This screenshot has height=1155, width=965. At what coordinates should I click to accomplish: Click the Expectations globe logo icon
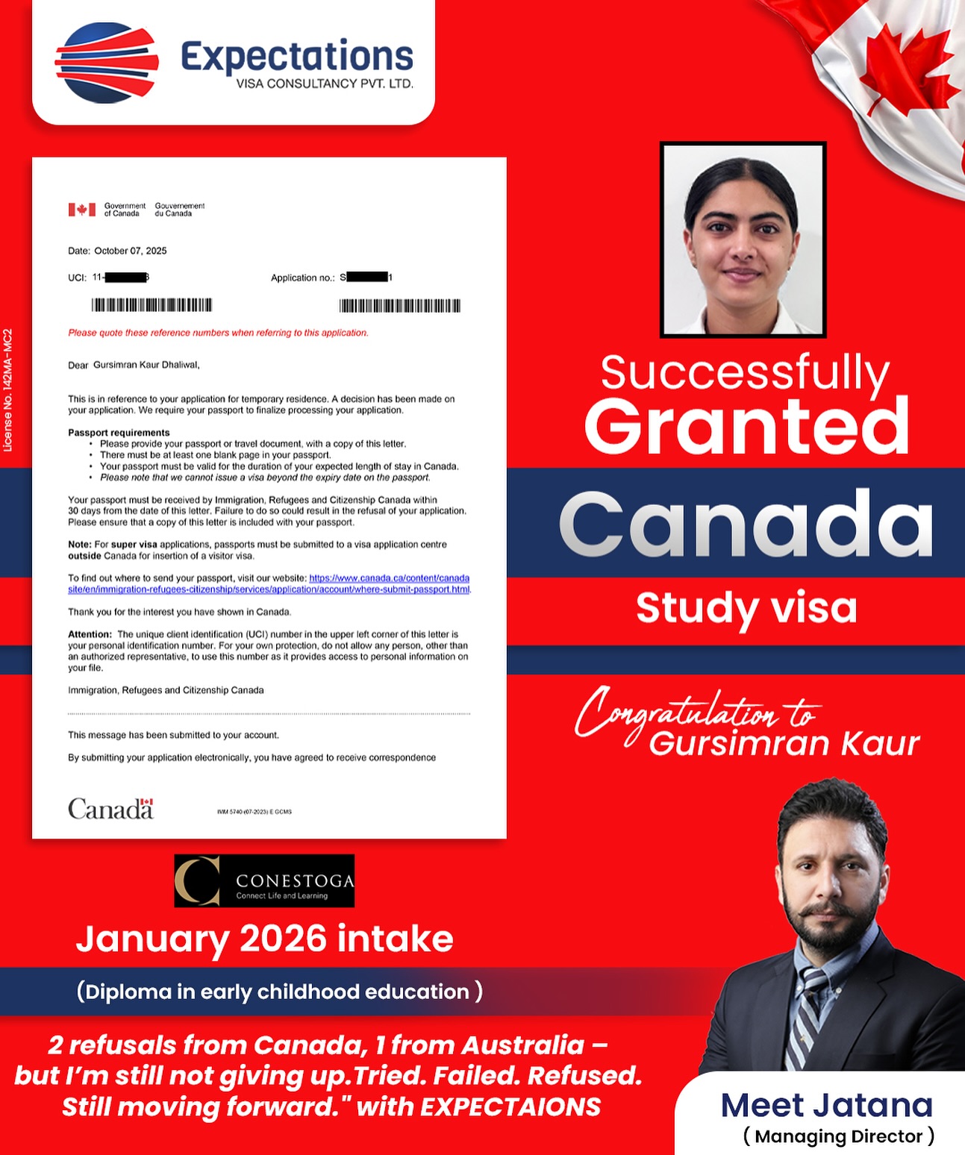coord(107,62)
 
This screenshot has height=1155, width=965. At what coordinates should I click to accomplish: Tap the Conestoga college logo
coord(264,880)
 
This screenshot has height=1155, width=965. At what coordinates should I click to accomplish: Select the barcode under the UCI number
coord(152,304)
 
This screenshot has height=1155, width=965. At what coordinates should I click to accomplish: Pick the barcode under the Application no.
coord(400,305)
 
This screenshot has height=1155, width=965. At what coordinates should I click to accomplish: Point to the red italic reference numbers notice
coord(218,333)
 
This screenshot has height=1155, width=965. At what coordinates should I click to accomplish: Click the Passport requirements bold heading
coord(119,433)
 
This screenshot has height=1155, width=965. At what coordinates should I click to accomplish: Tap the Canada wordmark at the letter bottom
coord(110,809)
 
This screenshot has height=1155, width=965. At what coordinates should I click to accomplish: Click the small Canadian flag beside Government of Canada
coord(82,210)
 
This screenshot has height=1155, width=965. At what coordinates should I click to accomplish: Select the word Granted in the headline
coord(746,427)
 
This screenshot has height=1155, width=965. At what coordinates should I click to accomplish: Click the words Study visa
coord(746,608)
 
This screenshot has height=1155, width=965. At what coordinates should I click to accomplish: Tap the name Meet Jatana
coord(826,1105)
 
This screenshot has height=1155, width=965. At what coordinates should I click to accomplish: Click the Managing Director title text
coord(838,1136)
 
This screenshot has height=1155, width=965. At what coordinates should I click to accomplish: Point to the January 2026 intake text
coord(264,939)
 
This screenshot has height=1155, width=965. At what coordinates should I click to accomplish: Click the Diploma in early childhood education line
coord(279,992)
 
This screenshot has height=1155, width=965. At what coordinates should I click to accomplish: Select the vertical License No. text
coord(8,390)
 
